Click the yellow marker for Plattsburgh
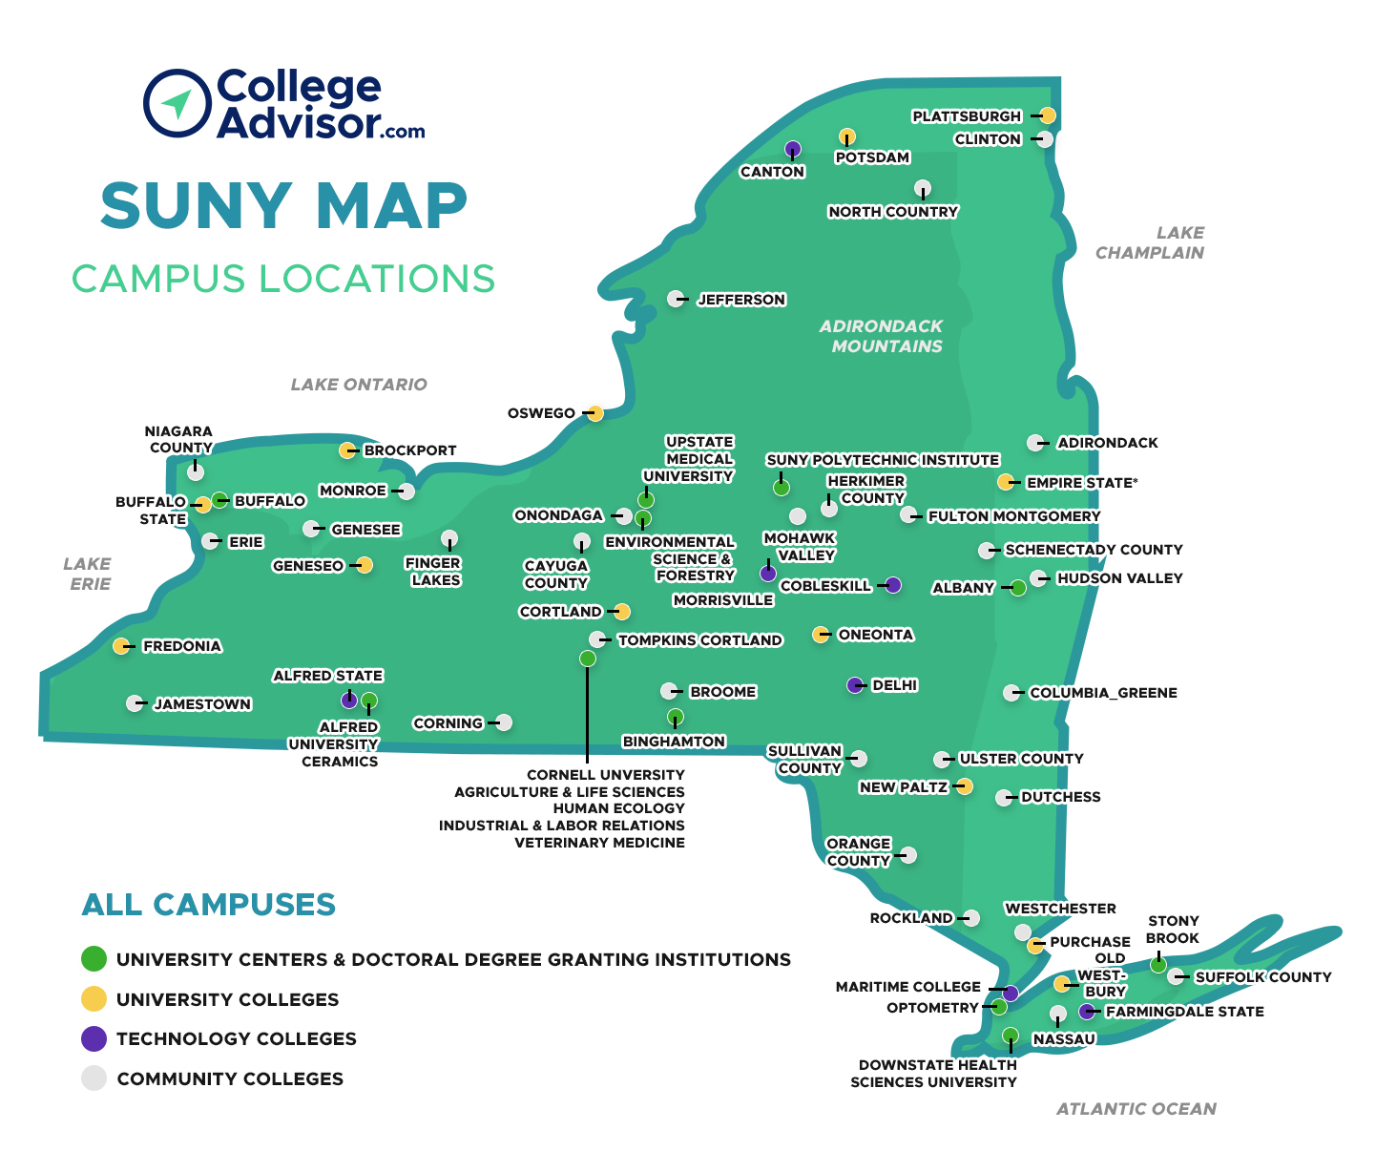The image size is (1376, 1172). [x=1047, y=115]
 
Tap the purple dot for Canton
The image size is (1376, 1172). [x=793, y=149]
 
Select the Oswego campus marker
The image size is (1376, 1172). [x=595, y=413]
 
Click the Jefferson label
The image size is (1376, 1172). [x=741, y=300]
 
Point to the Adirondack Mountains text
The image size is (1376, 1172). [x=883, y=336]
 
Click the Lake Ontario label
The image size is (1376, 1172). [x=359, y=385]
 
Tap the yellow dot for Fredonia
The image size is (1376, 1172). [x=121, y=646]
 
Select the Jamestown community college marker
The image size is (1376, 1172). [x=135, y=703]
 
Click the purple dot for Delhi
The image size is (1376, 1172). [x=855, y=685]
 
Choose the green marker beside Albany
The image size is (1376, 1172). [x=1018, y=588]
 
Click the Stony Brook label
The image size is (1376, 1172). [x=1173, y=930]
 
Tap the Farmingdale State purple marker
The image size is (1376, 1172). [x=1087, y=1012]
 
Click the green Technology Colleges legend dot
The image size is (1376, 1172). [x=94, y=1039]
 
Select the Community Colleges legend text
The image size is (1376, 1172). [x=230, y=1079]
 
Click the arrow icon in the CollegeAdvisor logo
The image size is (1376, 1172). [x=177, y=102]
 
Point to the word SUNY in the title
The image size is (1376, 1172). [x=196, y=206]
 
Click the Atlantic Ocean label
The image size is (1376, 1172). [x=1136, y=1109]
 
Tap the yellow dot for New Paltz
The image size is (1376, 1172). [x=965, y=786]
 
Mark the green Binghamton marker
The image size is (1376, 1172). [x=676, y=717]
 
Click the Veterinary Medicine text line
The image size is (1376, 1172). [x=599, y=843]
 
